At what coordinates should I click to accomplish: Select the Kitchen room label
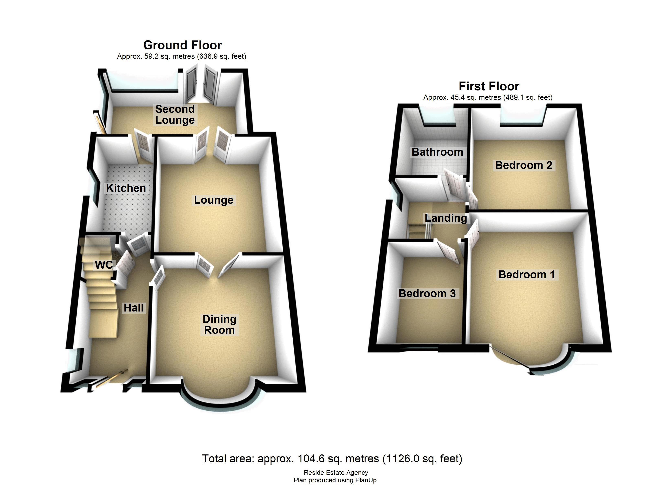point(126,188)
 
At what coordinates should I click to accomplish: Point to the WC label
point(104,265)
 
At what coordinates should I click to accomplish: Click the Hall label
point(133,308)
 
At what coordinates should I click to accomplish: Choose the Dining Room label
point(219,325)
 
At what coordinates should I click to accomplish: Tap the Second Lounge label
point(175,114)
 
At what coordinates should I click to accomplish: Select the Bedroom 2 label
point(524,165)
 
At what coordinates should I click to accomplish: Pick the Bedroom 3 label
point(427,294)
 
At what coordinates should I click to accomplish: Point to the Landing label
point(446,218)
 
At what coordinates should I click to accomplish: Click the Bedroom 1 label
point(527,275)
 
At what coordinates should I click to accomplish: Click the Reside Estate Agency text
point(336,473)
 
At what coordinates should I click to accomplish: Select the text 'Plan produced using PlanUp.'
point(336,480)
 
